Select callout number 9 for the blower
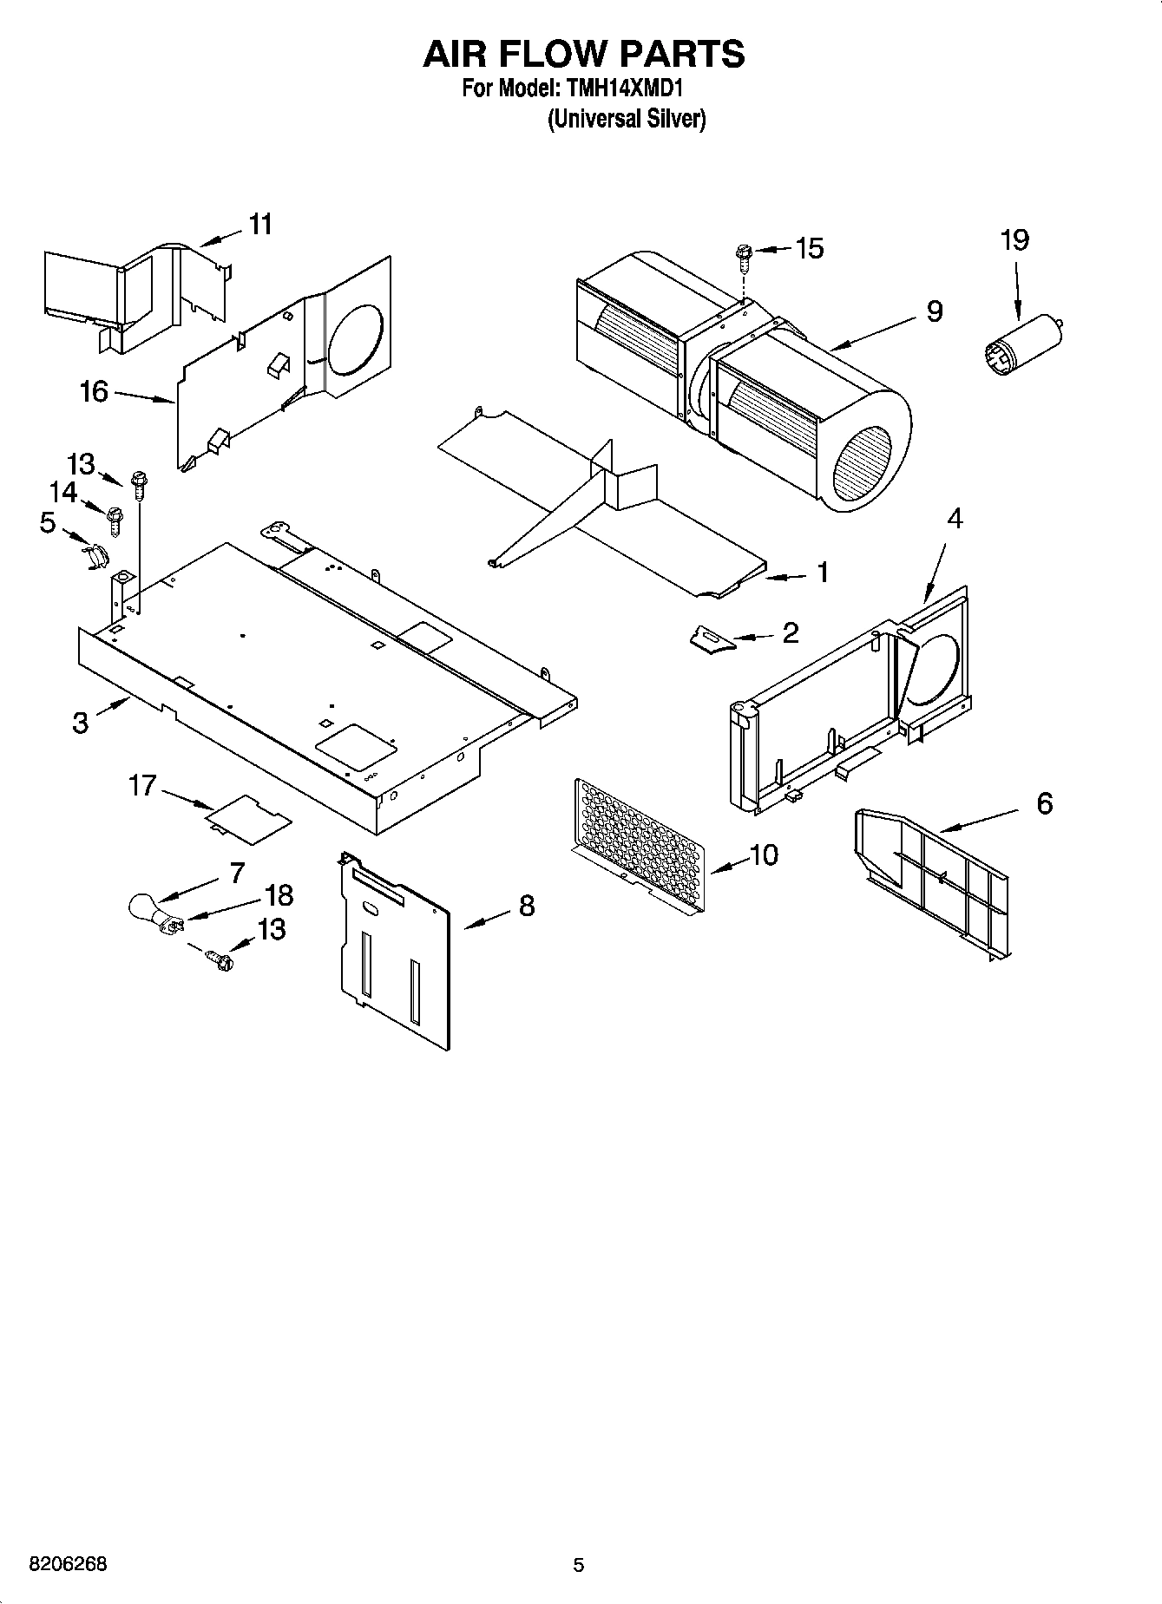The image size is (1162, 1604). click(x=934, y=311)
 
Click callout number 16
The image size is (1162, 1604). click(x=94, y=392)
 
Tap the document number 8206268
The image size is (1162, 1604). click(x=69, y=1564)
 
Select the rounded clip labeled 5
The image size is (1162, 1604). click(x=96, y=555)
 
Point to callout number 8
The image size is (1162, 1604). click(x=526, y=907)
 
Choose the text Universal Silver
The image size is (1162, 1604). click(x=626, y=119)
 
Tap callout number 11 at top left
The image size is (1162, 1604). click(x=259, y=225)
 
